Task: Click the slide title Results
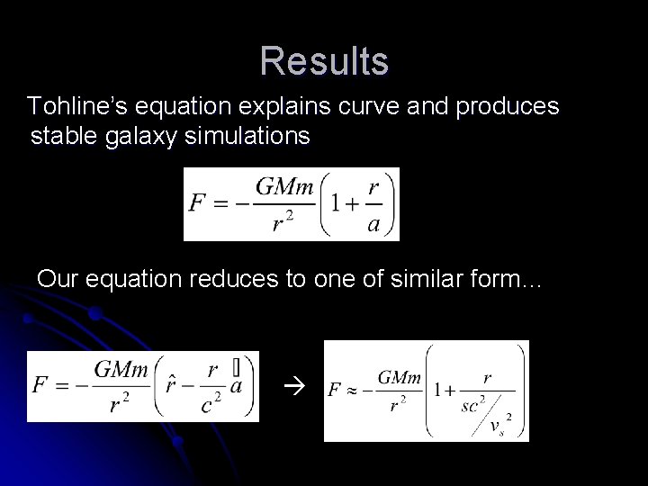point(324,61)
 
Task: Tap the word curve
point(362,107)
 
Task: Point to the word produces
point(508,107)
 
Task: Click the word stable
point(61,137)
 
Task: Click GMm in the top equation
point(284,187)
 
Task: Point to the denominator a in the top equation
point(373,223)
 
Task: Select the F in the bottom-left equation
point(40,385)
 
